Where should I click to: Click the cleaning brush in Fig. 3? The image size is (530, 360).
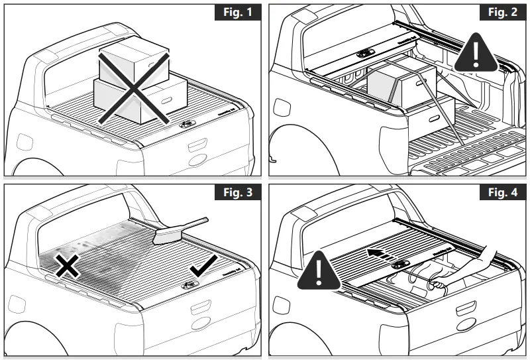(176, 229)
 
